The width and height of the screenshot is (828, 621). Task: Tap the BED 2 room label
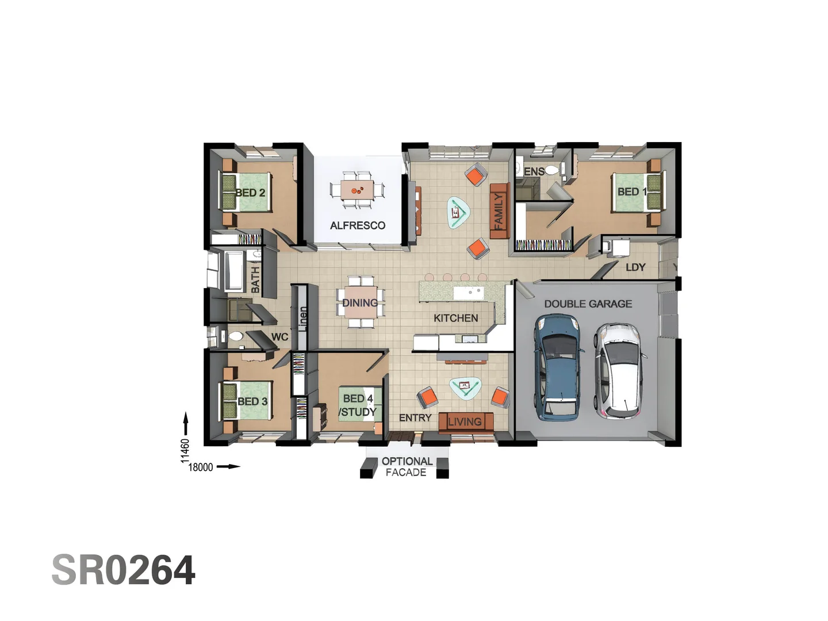click(x=251, y=193)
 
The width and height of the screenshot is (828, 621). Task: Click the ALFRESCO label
click(x=357, y=225)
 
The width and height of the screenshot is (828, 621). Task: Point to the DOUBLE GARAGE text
click(x=588, y=304)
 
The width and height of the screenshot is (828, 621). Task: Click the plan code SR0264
click(x=124, y=570)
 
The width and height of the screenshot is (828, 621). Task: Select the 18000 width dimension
click(x=201, y=467)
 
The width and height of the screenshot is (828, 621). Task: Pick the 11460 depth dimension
click(x=185, y=450)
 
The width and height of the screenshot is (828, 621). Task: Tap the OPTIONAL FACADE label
click(x=407, y=467)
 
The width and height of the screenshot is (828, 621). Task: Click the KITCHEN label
click(x=455, y=318)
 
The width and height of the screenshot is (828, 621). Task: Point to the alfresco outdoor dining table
click(x=357, y=189)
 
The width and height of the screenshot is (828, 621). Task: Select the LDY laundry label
click(x=635, y=267)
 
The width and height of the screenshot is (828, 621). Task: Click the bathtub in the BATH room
click(x=235, y=270)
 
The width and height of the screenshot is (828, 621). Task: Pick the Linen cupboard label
click(x=303, y=318)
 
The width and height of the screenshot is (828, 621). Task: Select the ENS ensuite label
click(x=534, y=171)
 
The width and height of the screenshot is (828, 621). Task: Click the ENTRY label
click(x=415, y=418)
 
